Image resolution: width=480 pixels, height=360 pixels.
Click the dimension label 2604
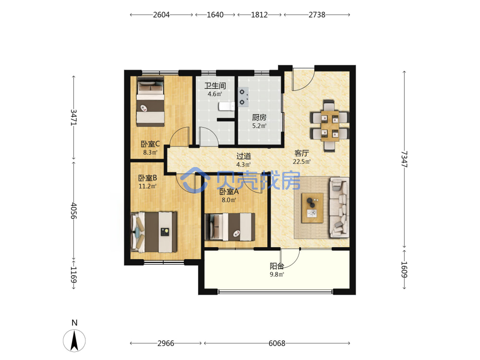point(161,15)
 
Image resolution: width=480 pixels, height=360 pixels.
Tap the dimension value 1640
point(215,15)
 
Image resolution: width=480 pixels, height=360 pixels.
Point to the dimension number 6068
point(277,343)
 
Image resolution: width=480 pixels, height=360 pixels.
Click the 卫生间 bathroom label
point(215,85)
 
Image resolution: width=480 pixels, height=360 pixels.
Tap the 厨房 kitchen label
point(259,117)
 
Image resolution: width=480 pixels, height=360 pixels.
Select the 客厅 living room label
point(301,153)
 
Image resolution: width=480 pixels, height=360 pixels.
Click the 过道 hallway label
point(244,156)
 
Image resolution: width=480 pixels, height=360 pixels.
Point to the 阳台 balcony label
point(277,266)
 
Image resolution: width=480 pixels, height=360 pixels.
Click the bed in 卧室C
point(150,101)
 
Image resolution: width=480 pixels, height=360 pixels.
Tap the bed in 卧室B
point(154,232)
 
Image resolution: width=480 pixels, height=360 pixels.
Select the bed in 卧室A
point(230,227)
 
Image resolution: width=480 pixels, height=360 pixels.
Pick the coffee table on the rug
point(312,208)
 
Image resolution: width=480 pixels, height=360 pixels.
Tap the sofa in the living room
point(339,208)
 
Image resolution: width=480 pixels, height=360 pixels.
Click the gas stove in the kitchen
point(243,97)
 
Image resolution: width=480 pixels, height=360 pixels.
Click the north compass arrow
point(74,340)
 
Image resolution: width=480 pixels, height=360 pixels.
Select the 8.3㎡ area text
point(150,152)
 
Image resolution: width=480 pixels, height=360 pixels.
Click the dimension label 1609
point(404,269)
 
